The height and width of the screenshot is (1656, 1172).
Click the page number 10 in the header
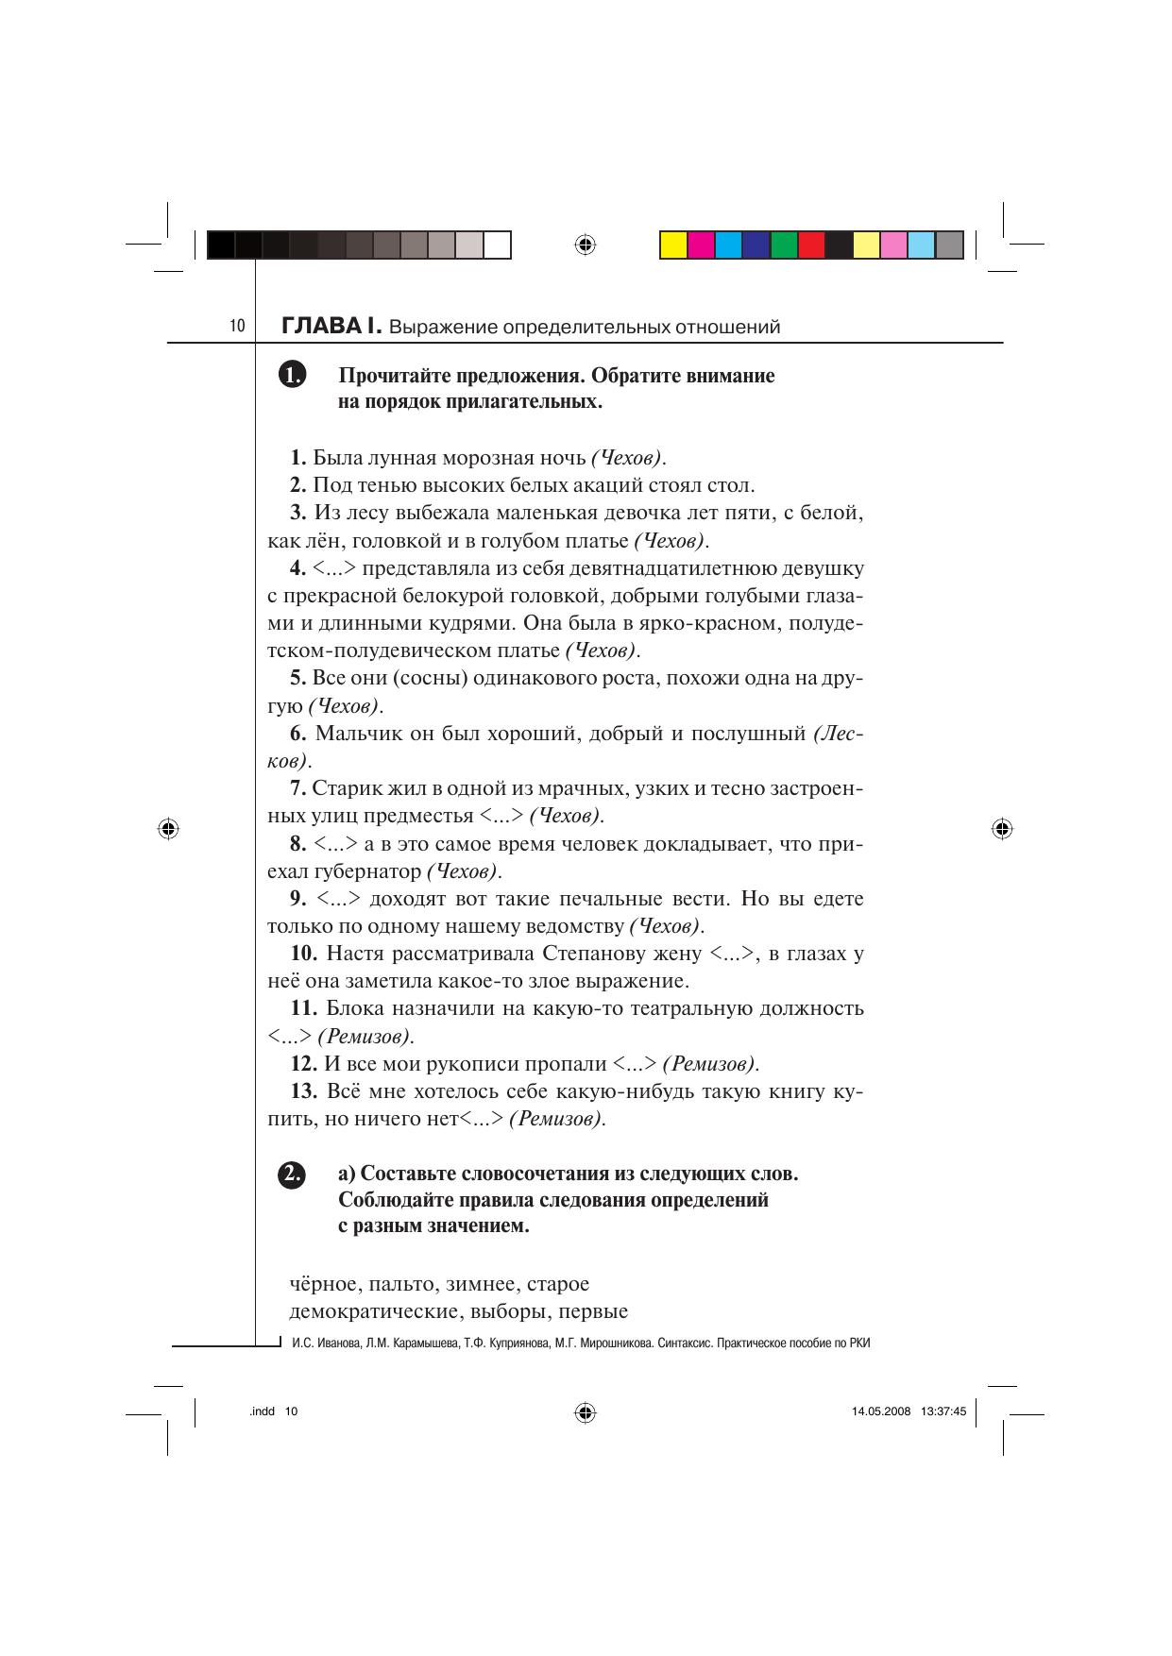[236, 327]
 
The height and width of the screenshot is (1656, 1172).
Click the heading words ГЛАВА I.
[331, 327]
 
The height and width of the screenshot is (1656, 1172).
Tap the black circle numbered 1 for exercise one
[293, 375]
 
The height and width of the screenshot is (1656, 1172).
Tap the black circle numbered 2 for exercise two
[293, 1174]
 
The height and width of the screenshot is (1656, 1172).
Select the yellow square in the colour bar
[672, 245]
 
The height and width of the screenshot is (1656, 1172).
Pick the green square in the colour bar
[784, 245]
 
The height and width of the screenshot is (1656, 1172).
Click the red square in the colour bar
[811, 245]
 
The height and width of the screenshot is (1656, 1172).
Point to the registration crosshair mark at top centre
[585, 245]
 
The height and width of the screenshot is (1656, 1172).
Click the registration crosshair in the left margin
[168, 829]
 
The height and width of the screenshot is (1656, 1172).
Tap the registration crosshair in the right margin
[1002, 829]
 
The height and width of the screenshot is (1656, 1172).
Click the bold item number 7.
[298, 788]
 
